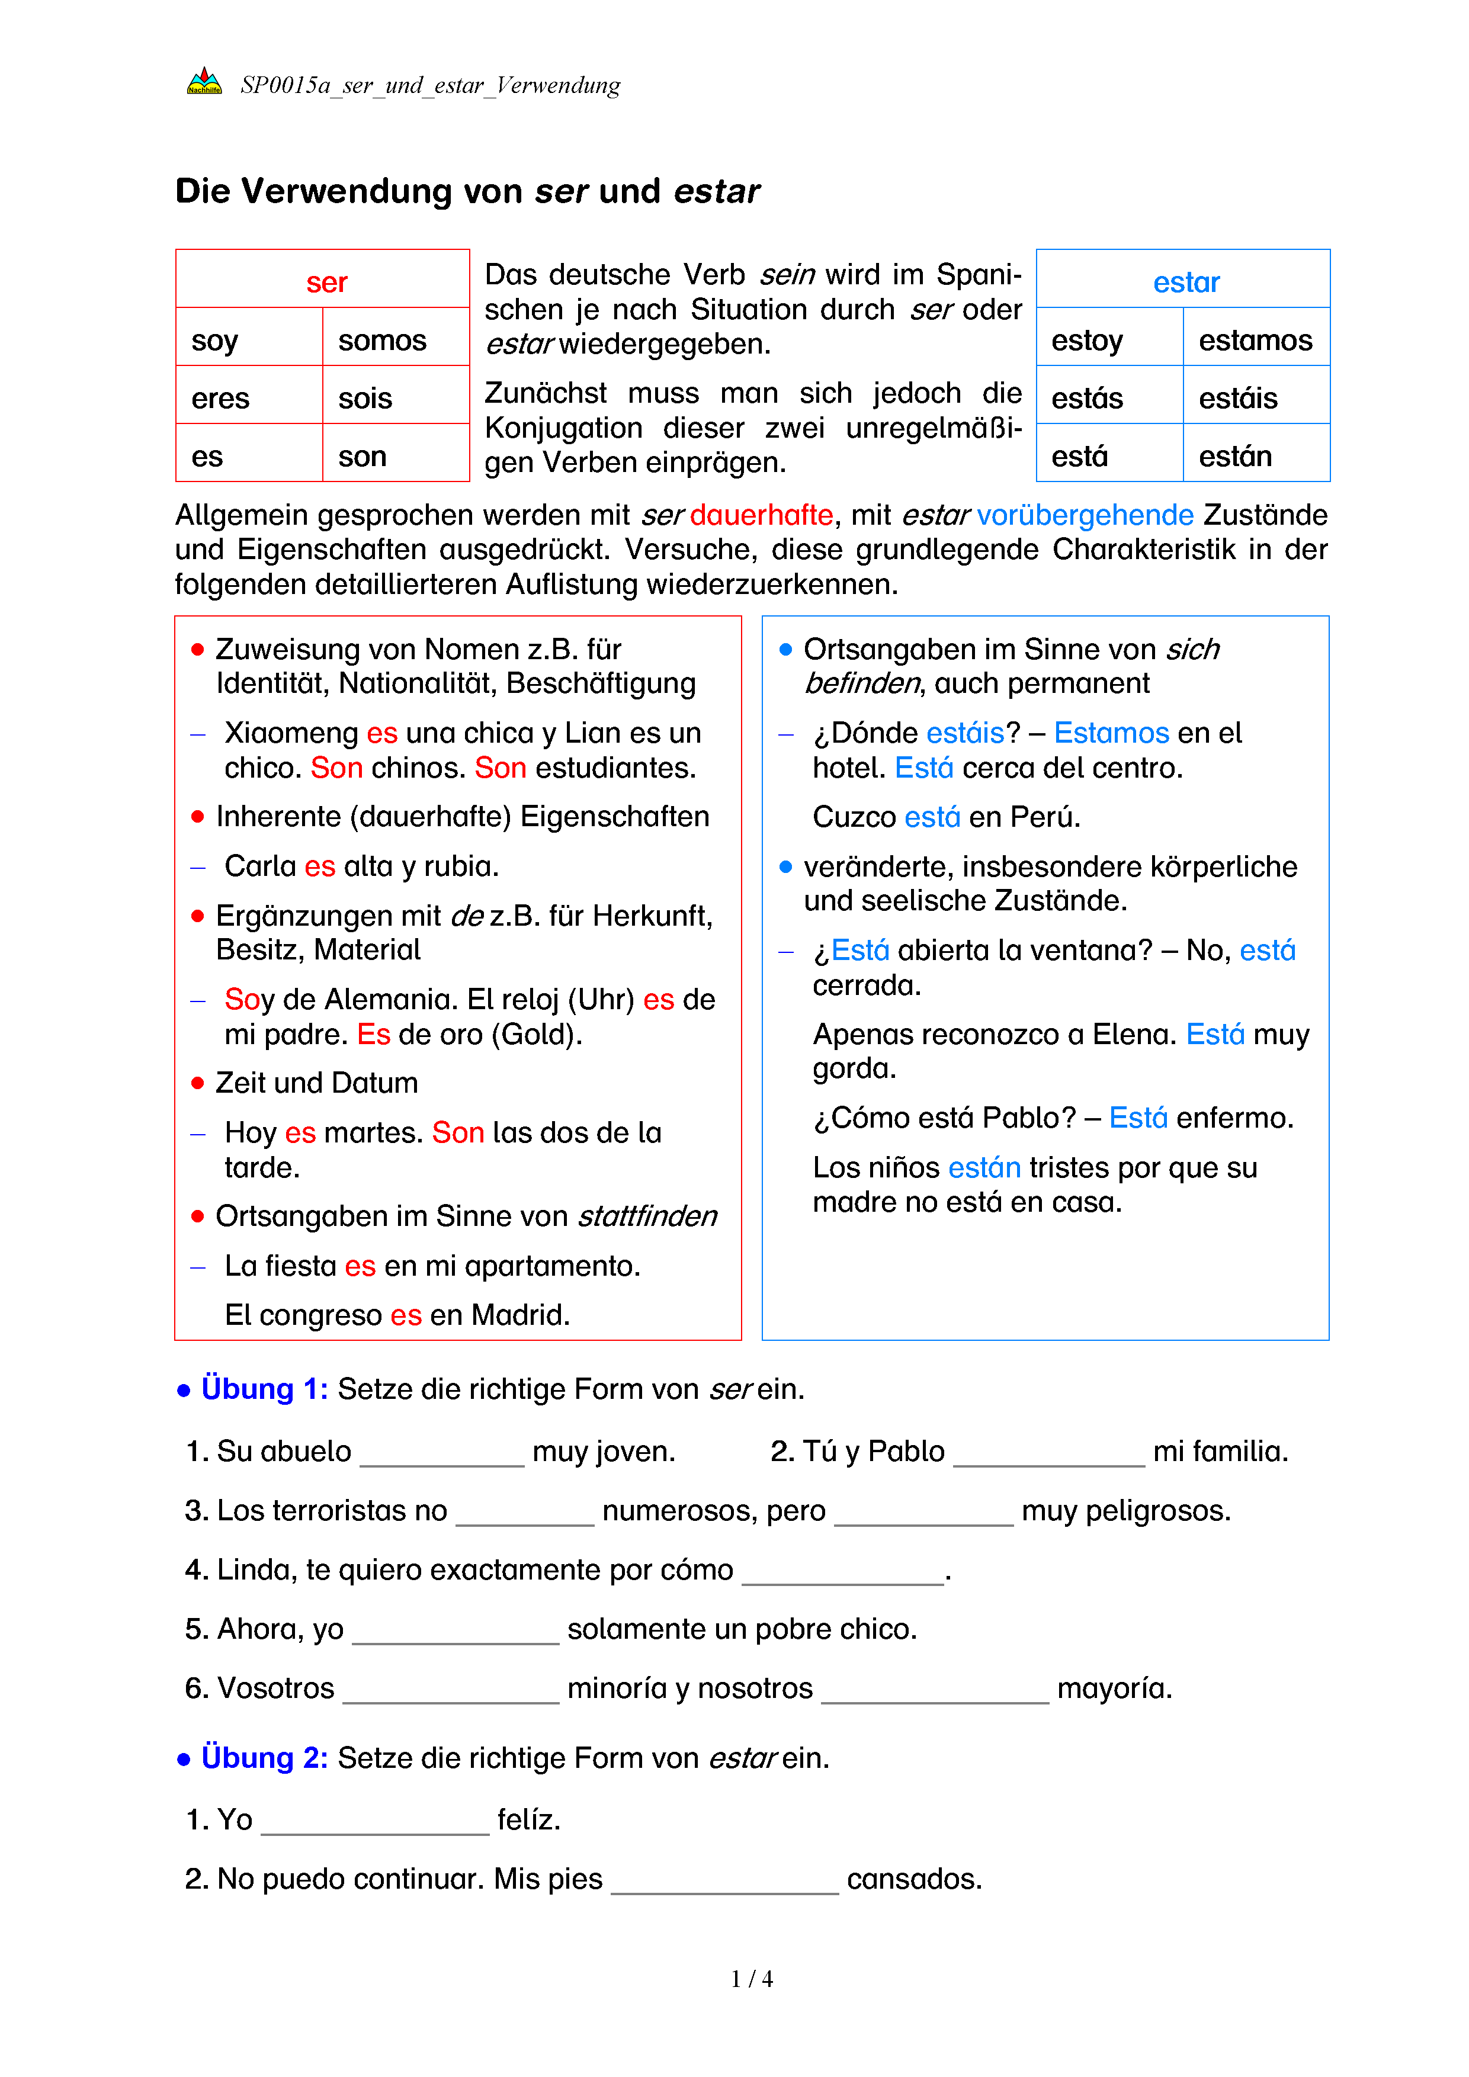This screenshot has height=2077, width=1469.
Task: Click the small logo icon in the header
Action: click(x=204, y=82)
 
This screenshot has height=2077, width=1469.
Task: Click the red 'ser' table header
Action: click(x=326, y=283)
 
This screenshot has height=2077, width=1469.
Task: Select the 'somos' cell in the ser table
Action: click(x=381, y=340)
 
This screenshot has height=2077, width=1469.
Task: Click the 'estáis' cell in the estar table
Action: click(x=1237, y=398)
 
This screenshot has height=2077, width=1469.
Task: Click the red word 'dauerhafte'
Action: click(x=761, y=515)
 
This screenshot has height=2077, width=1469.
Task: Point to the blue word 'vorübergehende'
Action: click(x=1085, y=515)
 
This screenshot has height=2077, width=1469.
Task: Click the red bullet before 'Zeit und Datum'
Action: click(x=197, y=1083)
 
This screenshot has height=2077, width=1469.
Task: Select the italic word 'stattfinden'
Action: click(x=647, y=1216)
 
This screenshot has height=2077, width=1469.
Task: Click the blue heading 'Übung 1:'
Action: click(x=264, y=1389)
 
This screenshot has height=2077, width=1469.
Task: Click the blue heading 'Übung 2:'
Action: click(x=264, y=1758)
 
